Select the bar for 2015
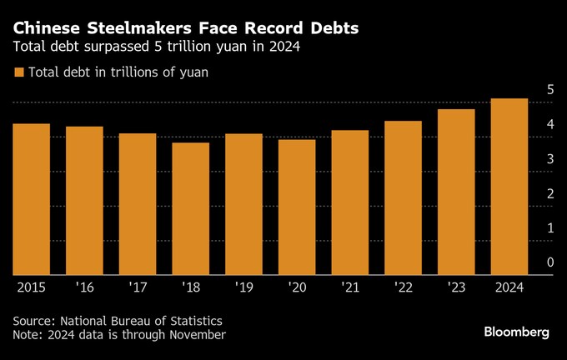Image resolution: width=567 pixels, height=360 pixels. coord(32,199)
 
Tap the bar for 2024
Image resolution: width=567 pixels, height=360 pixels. coord(509,187)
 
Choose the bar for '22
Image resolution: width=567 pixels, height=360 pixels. coord(403,197)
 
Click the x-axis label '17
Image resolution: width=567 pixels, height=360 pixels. coord(138,286)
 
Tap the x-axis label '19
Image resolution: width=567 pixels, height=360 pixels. coord(243,286)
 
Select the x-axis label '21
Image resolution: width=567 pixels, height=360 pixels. coord(349,286)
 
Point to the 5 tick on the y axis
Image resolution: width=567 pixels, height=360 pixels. coord(550,89)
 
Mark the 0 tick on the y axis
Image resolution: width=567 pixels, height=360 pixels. coord(550,262)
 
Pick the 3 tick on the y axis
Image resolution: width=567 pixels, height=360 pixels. coord(550,158)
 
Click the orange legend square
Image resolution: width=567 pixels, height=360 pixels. coord(18,72)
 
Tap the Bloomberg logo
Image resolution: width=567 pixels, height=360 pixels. coord(517,332)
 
